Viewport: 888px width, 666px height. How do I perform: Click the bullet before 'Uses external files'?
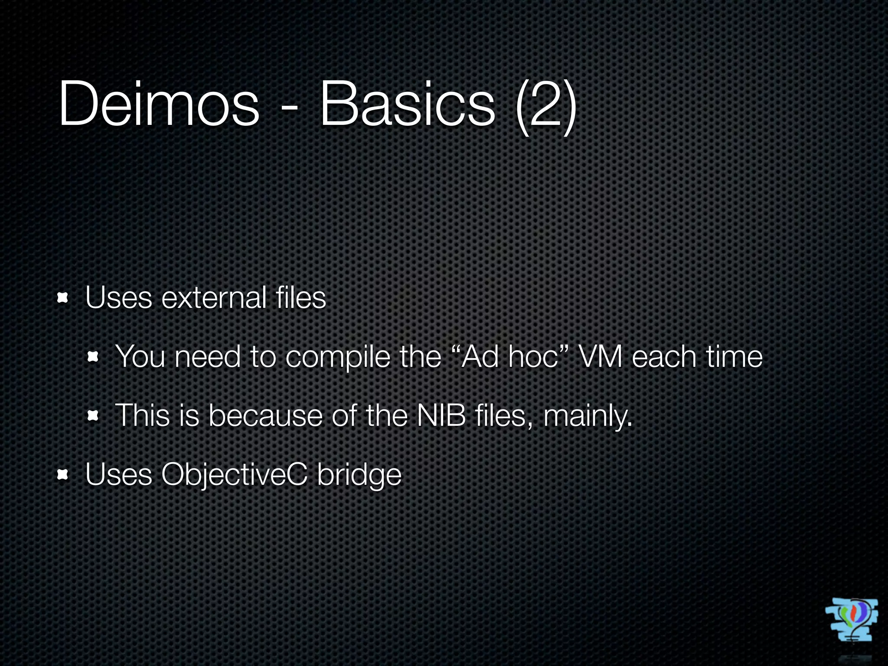(x=63, y=298)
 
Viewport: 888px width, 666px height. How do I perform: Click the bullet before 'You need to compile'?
(x=92, y=357)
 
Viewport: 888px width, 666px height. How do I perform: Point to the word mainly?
(x=588, y=416)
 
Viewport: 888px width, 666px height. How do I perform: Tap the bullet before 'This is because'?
(x=92, y=416)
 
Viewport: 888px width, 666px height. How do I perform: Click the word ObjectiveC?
(x=234, y=475)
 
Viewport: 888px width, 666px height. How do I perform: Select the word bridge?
(x=359, y=476)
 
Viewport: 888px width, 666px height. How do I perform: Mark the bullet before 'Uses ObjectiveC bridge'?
(x=63, y=475)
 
